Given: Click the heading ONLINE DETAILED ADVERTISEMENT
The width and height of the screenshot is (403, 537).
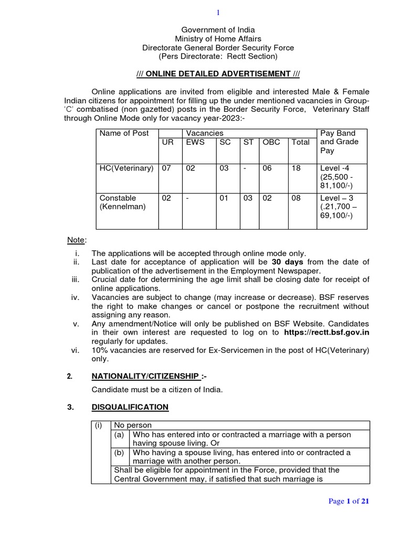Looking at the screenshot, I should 218,73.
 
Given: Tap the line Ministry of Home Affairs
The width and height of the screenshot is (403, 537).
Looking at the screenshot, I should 218,39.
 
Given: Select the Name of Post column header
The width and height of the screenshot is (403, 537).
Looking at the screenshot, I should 124,133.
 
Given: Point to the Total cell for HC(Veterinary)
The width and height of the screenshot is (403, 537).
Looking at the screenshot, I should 296,168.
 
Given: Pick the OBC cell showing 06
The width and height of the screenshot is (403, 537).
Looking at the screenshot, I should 267,168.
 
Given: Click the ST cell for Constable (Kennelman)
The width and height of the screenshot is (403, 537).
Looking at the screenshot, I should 248,198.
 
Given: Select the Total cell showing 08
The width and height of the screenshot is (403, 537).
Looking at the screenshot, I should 296,198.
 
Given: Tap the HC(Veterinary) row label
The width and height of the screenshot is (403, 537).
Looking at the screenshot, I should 126,168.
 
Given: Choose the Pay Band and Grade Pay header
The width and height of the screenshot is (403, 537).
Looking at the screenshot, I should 338,142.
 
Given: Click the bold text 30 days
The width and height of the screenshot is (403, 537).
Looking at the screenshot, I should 288,262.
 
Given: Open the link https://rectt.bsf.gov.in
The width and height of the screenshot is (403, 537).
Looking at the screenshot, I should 326,332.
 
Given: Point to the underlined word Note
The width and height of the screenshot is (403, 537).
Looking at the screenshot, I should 76,240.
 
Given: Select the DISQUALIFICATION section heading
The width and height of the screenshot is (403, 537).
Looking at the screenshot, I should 130,407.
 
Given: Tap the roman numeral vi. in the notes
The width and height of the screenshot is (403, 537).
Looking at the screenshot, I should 75,350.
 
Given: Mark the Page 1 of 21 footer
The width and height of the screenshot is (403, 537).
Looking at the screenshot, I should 349,501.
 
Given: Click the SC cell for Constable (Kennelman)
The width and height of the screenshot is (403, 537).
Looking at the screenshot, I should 224,198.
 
